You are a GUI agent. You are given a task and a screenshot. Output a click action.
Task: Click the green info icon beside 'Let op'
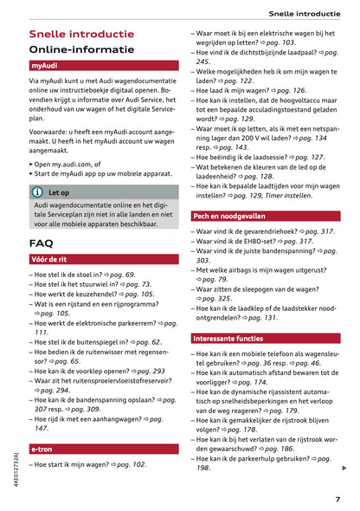click(38, 192)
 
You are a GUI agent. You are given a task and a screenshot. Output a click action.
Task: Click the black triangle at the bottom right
click(345, 468)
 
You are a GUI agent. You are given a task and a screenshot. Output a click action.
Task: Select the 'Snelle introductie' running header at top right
click(304, 13)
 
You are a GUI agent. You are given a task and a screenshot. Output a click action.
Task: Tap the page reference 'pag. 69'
click(123, 275)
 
